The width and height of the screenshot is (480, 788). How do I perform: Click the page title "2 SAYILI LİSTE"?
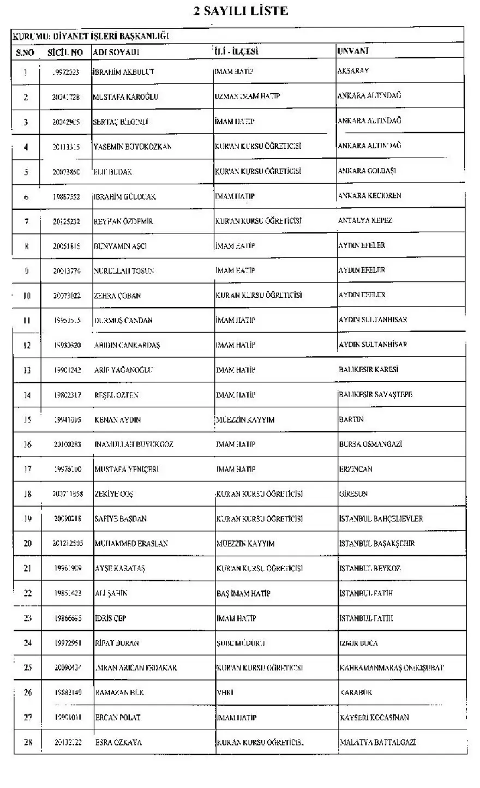pyautogui.click(x=241, y=10)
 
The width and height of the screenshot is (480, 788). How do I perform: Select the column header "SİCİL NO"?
pyautogui.click(x=65, y=52)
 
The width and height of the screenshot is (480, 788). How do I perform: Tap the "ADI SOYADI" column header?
pyautogui.click(x=117, y=52)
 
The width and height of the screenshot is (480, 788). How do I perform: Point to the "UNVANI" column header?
pyautogui.click(x=353, y=51)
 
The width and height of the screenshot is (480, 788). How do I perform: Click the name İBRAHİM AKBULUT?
pyautogui.click(x=124, y=72)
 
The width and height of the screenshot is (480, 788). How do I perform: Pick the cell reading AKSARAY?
pyautogui.click(x=354, y=71)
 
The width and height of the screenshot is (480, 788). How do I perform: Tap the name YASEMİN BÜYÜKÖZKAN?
pyautogui.click(x=133, y=147)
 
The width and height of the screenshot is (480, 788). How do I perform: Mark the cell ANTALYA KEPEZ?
pyautogui.click(x=365, y=220)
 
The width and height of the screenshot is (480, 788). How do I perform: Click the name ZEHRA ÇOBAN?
pyautogui.click(x=117, y=296)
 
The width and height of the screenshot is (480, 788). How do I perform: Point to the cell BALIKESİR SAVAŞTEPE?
pyautogui.click(x=375, y=394)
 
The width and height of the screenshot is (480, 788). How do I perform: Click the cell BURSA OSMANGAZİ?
pyautogui.click(x=370, y=444)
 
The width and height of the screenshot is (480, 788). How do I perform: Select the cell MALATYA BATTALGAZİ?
pyautogui.click(x=380, y=742)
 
